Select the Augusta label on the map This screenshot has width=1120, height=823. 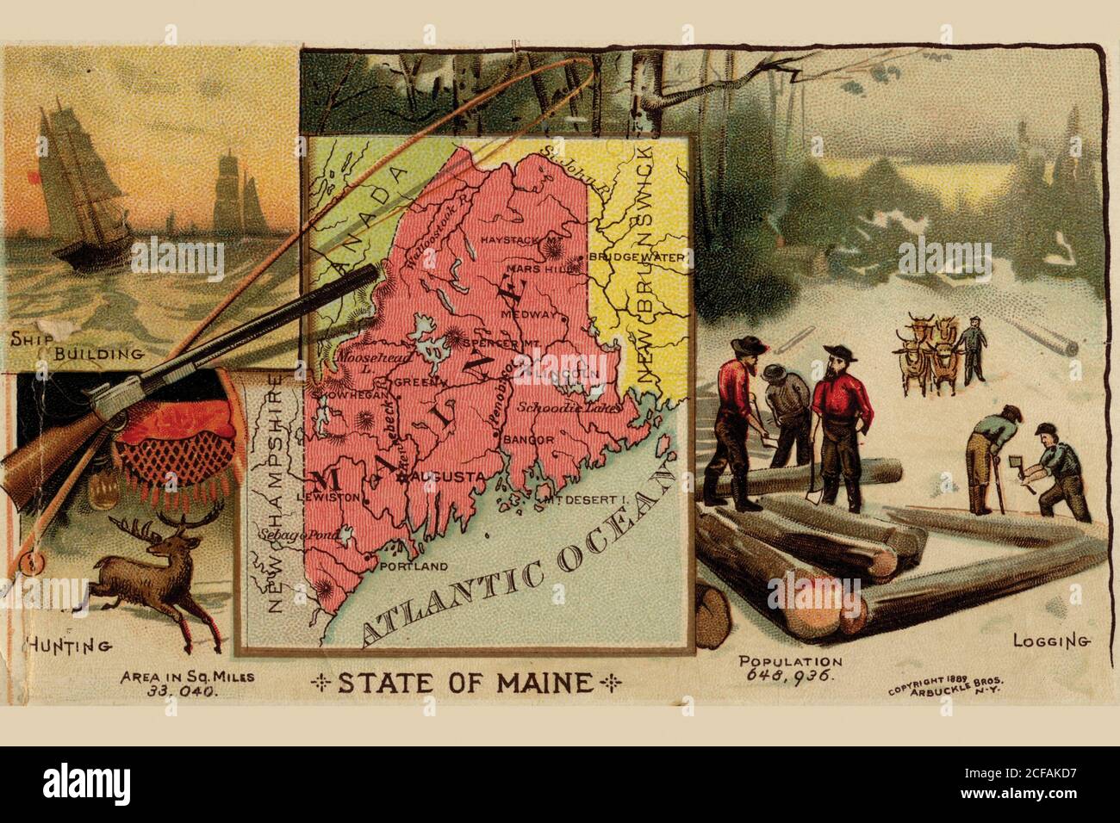click(x=445, y=476)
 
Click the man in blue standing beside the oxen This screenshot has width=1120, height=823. click(x=973, y=349)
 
